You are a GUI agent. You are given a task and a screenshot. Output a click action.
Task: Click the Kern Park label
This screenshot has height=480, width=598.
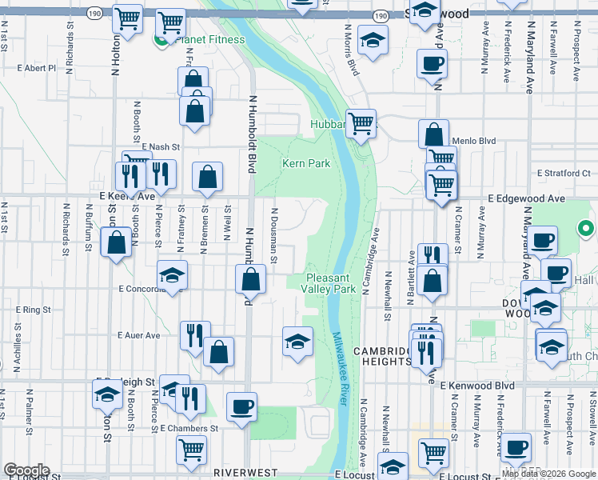click(305, 163)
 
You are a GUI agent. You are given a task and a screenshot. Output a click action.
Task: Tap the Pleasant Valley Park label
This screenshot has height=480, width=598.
click(328, 283)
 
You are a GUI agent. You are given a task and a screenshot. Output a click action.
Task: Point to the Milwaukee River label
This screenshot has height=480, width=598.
click(340, 369)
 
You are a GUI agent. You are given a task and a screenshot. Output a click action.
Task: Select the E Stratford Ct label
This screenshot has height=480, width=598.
click(563, 173)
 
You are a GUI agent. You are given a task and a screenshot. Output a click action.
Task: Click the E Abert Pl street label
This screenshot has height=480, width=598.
click(37, 68)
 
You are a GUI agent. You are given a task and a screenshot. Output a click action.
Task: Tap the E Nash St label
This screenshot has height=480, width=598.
click(161, 147)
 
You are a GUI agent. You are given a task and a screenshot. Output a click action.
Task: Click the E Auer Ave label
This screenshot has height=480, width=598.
click(138, 335)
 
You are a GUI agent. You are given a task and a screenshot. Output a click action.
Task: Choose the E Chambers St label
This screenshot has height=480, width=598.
click(189, 429)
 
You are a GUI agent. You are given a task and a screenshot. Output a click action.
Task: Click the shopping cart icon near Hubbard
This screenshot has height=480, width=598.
click(361, 123)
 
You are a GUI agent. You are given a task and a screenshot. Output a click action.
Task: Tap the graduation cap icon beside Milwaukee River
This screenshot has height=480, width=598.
click(297, 342)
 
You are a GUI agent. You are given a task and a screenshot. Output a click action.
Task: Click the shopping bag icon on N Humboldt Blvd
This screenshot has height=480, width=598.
click(251, 280)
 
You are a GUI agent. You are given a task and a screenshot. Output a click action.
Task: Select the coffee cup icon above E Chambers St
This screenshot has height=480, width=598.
click(241, 407)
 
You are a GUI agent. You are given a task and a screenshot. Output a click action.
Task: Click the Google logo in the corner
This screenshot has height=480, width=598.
click(26, 470)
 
